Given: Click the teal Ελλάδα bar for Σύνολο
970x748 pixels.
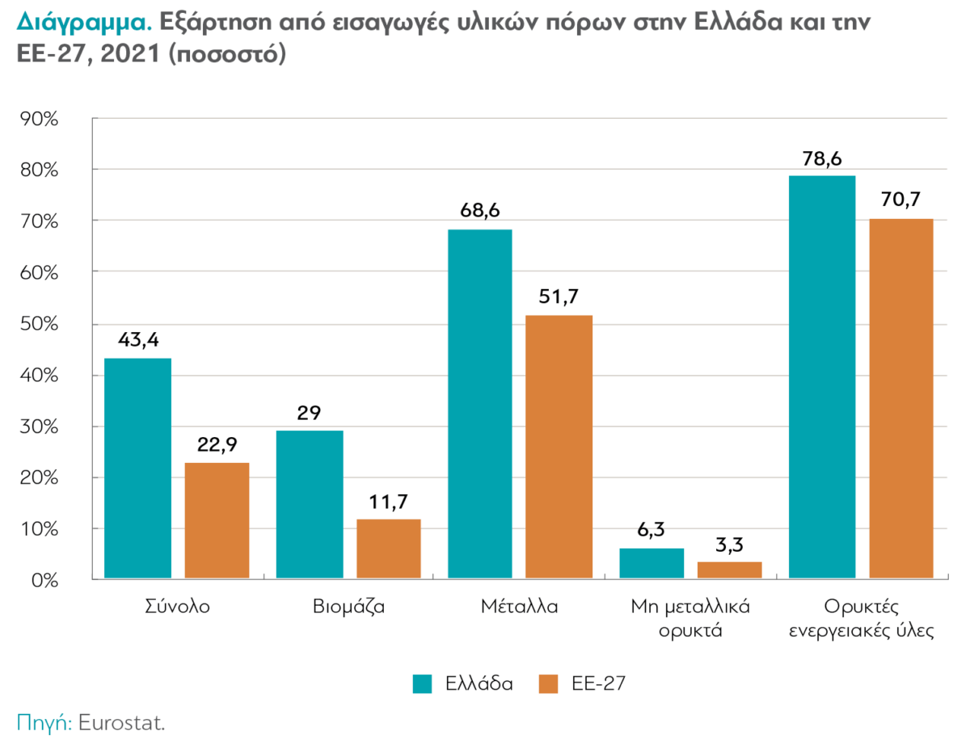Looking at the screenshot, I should coord(137,469).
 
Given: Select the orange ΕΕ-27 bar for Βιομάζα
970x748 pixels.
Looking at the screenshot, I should coord(388,549).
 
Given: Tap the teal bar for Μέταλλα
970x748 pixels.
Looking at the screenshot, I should coord(479,404).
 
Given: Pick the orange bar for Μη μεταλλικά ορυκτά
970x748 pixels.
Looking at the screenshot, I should coord(729,570).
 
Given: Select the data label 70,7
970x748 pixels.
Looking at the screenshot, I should coord(901,200).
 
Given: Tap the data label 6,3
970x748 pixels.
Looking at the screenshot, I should coord(652,531).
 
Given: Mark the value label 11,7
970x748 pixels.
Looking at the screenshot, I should coord(388,501).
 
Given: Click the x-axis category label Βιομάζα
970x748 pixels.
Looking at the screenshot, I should coord(348,607).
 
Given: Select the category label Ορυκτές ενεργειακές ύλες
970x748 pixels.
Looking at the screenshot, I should coord(861,618).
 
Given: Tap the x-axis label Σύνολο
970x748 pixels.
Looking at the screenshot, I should coord(176,607).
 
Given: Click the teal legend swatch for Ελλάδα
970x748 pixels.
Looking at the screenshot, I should coord(424,683).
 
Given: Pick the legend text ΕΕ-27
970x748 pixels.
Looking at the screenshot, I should coord(599,683).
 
